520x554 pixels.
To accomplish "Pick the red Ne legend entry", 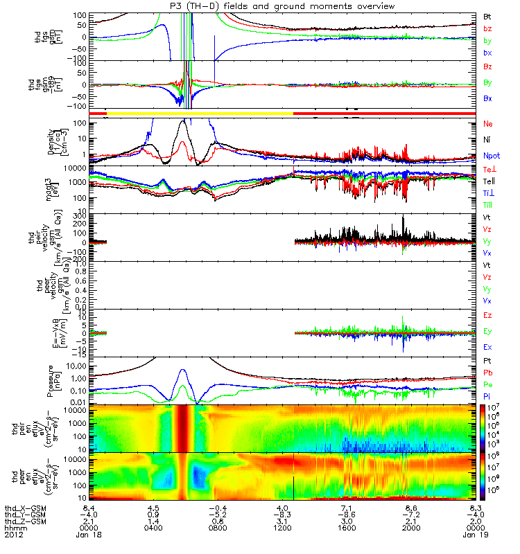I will [x=487, y=123].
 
